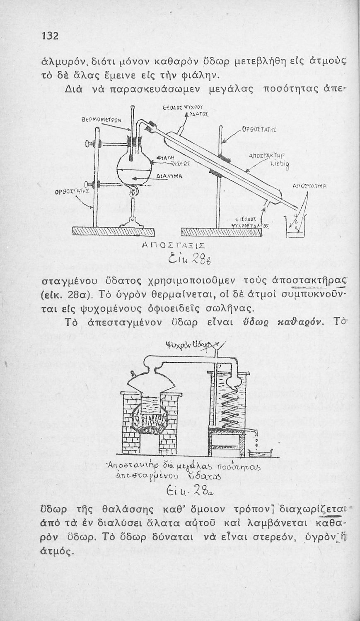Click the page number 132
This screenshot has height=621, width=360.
pos(49,36)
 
